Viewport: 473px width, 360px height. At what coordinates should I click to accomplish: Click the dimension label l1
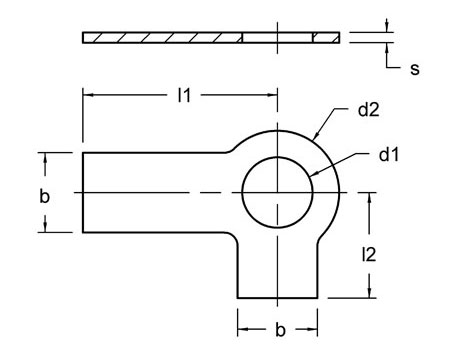(x=183, y=95)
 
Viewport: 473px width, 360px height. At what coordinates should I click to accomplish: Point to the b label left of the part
(x=44, y=195)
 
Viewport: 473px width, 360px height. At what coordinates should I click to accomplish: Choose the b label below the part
(x=278, y=329)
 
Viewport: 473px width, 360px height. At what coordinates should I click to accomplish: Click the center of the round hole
(x=278, y=191)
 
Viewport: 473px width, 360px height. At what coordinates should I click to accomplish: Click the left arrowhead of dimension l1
(x=86, y=95)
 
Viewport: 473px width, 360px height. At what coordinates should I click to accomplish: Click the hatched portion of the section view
(x=160, y=38)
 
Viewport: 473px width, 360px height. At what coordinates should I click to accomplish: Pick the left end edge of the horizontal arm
(x=82, y=191)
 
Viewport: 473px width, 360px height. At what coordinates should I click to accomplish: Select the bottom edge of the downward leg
(x=278, y=297)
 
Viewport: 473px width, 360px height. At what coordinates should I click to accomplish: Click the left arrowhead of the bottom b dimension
(x=241, y=329)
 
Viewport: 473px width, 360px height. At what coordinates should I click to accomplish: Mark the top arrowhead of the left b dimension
(x=44, y=155)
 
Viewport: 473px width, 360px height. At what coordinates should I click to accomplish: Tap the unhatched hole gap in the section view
(x=278, y=38)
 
